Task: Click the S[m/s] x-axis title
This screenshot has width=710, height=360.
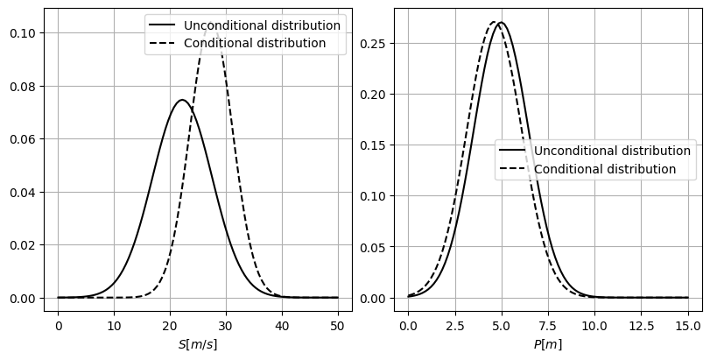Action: [198, 344]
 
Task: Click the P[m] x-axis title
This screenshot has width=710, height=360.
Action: [548, 344]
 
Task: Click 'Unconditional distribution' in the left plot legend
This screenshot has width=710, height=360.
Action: [262, 25]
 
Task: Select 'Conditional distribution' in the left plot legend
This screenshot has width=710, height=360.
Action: [255, 43]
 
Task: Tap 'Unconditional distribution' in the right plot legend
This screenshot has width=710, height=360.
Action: [612, 152]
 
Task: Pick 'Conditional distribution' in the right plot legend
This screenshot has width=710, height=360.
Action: [605, 169]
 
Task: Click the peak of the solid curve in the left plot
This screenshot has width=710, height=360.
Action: [183, 100]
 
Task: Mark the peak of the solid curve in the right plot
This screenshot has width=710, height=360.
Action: [501, 23]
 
